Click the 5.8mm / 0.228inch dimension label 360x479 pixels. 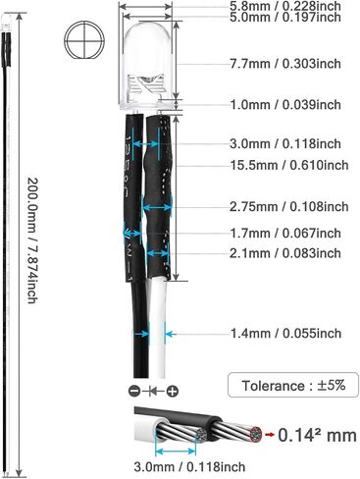point(285,6)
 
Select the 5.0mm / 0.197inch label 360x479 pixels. point(285,17)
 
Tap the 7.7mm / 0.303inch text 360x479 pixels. point(285,64)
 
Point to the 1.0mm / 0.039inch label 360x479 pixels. point(285,105)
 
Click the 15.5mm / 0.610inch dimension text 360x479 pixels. point(289,165)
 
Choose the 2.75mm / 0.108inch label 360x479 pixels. point(289,207)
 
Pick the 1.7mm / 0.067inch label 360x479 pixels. point(285,234)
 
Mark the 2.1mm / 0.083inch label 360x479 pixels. point(285,253)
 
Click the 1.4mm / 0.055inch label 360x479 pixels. point(285,334)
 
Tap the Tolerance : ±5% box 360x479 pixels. point(293,385)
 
